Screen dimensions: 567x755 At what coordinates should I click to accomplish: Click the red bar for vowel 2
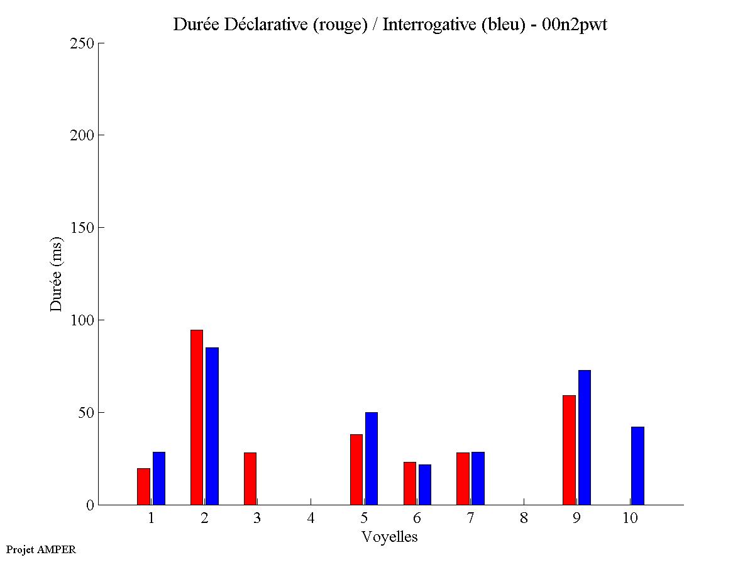196,417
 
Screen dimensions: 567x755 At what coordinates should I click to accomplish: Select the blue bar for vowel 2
212,426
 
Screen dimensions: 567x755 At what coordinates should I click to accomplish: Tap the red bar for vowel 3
250,478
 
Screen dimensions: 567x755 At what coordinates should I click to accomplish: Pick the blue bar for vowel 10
637,466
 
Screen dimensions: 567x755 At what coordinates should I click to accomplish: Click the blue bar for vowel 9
585,437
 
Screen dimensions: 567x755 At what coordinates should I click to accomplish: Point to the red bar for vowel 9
569,450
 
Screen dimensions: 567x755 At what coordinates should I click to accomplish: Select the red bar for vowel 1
143,486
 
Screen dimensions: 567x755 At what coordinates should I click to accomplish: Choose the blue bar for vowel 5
372,458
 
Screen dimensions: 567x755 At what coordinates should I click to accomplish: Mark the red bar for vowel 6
410,483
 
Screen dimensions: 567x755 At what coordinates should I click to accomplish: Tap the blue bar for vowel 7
478,478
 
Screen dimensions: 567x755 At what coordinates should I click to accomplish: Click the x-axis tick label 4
311,519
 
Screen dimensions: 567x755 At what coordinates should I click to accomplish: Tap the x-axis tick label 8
524,519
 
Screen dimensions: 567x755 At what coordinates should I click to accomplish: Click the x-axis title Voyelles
389,537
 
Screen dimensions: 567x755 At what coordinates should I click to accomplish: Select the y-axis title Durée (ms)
57,274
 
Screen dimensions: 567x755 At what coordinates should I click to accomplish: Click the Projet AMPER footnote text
41,549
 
